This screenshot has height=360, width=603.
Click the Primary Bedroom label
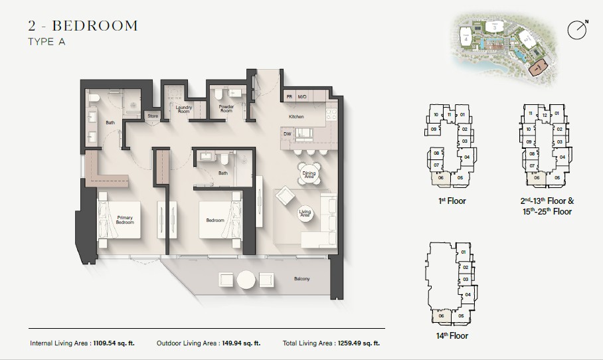126,220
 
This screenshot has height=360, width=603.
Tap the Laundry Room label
183,110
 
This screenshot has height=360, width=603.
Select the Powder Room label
226,109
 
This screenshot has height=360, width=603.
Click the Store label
153,116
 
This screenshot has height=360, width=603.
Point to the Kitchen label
296,117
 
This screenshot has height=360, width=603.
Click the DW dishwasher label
287,134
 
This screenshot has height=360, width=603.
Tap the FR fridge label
290,98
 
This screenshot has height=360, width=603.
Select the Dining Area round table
309,175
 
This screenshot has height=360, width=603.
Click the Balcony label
302,279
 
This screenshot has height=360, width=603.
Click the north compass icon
577,29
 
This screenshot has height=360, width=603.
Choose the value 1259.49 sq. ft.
357,343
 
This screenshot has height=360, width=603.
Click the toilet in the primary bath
94,100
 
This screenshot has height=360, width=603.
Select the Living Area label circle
305,213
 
